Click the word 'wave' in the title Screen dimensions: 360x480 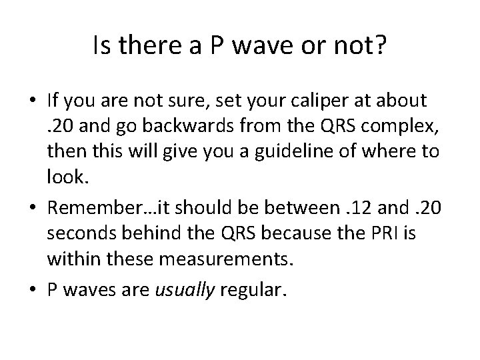coord(244,46)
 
